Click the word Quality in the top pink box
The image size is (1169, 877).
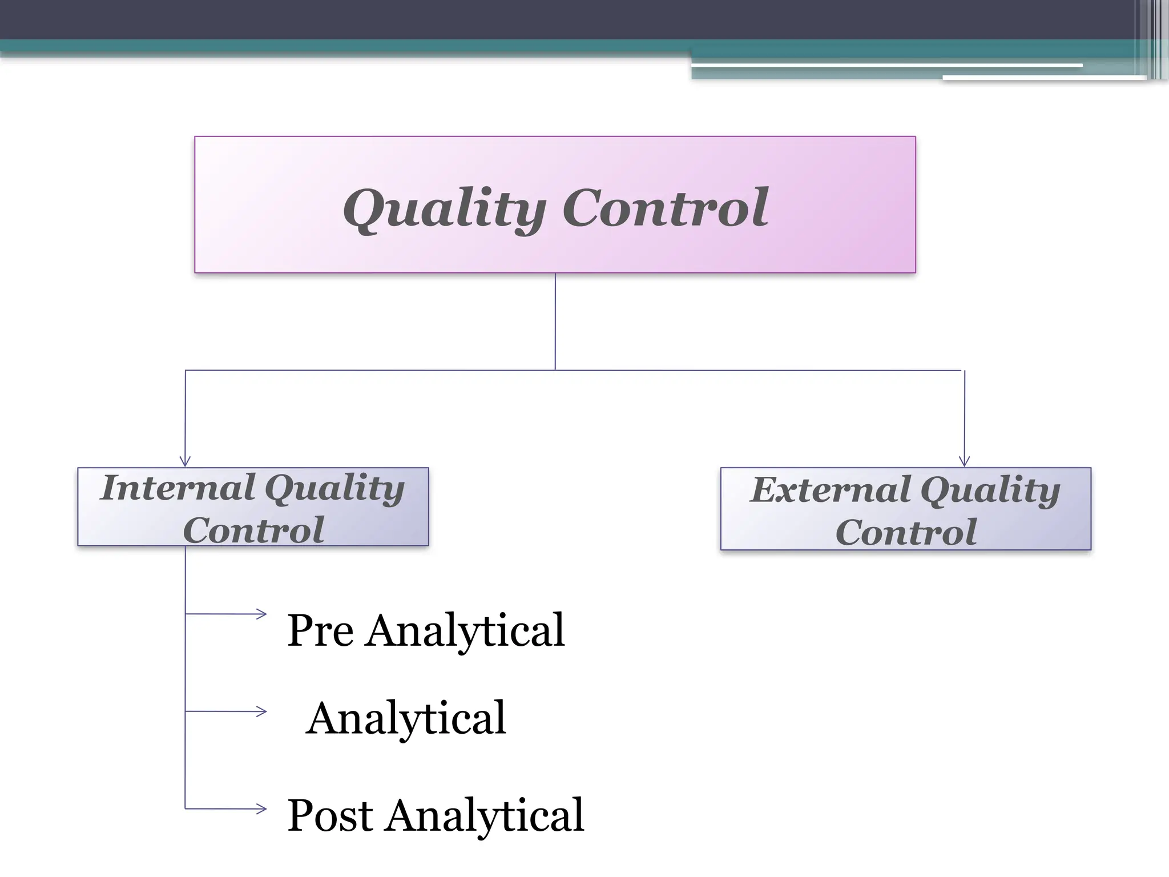pos(444,208)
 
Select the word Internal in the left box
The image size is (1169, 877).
pos(177,488)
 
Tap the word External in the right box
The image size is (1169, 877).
pos(831,490)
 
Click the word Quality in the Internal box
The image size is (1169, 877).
pos(335,489)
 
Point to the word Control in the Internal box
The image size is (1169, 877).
pos(253,530)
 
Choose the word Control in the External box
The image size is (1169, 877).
pos(906,532)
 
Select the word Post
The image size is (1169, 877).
pos(330,815)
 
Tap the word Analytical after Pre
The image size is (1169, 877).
pos(465,631)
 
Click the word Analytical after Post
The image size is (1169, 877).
pos(485,815)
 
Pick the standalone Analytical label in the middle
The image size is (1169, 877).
pos(406,718)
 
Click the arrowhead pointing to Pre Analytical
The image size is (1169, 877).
pos(261,614)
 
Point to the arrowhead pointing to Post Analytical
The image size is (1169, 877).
pos(261,808)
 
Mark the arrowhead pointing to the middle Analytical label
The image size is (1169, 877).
pos(261,711)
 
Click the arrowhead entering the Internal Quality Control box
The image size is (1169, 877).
pos(184,461)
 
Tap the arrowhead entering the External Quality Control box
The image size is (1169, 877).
pos(965,461)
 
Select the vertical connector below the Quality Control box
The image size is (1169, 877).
pos(555,321)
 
